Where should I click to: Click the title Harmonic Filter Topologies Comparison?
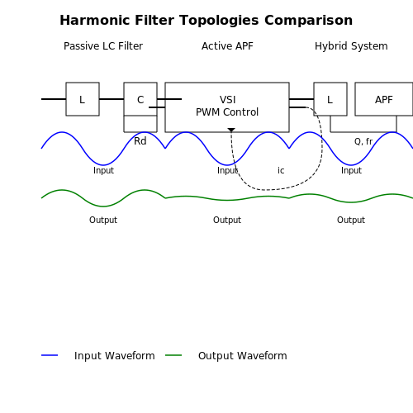[x=206, y=21]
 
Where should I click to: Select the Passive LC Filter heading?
[x=103, y=46]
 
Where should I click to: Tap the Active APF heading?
[x=227, y=46]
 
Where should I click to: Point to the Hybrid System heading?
[x=351, y=46]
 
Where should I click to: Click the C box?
[x=140, y=99]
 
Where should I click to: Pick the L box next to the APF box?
[x=330, y=99]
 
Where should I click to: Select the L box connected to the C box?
[x=83, y=99]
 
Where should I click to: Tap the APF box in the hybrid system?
[x=384, y=99]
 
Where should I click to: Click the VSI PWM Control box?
[x=227, y=107]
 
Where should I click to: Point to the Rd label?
[x=140, y=141]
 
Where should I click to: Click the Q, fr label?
[x=363, y=141]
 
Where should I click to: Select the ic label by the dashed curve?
[x=281, y=170]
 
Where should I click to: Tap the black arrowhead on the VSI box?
[x=231, y=130]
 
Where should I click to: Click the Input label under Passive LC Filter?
[x=103, y=170]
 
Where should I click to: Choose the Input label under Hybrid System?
[x=351, y=170]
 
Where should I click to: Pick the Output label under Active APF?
[x=227, y=220]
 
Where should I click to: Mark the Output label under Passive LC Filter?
[x=103, y=220]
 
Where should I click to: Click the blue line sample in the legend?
[x=50, y=355]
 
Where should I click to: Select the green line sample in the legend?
[x=173, y=355]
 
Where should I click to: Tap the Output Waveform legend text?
[x=243, y=356]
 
